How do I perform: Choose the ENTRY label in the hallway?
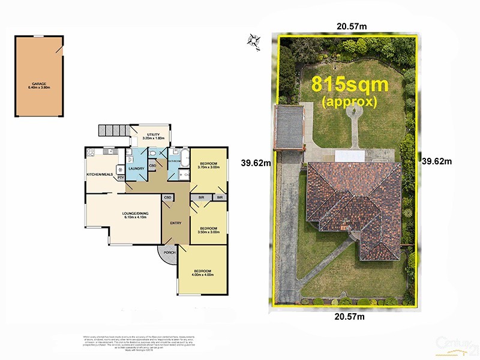pyautogui.click(x=175, y=223)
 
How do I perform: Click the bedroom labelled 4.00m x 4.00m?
pyautogui.click(x=202, y=273)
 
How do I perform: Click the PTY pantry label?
pyautogui.click(x=121, y=178)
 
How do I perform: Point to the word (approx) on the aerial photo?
pyautogui.click(x=350, y=101)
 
